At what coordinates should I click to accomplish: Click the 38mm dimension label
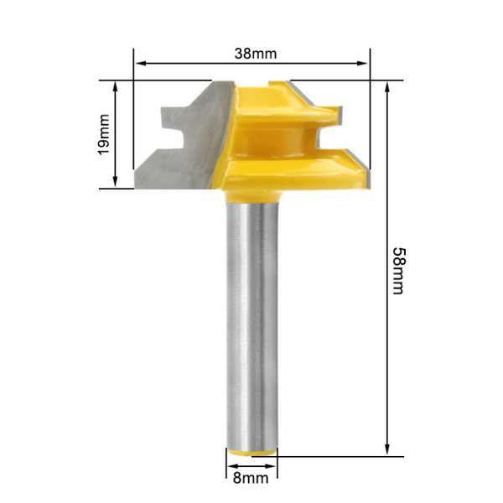coord(256,54)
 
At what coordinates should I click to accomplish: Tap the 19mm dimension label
coord(103,134)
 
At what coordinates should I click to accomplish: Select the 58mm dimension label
coord(399,271)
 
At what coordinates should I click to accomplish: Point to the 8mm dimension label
coord(251,478)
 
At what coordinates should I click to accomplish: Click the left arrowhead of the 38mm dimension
coord(141,63)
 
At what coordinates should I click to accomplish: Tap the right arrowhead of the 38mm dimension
coord(362,63)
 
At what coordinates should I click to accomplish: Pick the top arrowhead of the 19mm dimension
coord(116,87)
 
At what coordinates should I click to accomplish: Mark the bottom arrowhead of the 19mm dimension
coord(116,182)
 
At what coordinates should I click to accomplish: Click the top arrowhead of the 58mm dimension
coord(386,88)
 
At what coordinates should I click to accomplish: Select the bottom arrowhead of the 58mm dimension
coord(386,449)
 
